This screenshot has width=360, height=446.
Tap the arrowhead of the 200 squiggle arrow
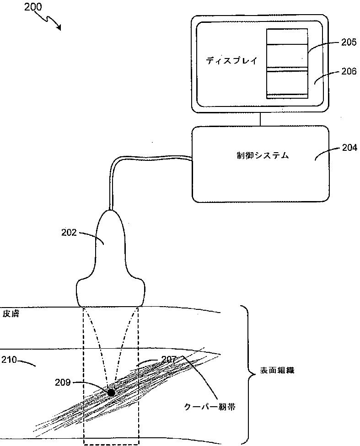point(59,28)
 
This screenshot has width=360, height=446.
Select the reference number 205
point(348,42)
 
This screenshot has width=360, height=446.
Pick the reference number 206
point(348,72)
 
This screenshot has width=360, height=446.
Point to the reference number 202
point(70,232)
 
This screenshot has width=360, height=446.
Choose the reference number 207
point(169,360)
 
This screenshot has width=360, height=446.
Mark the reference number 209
point(63,382)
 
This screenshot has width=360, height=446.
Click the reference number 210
point(9,360)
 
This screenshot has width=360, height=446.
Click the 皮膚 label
point(11,314)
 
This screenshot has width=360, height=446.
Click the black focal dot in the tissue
point(111,392)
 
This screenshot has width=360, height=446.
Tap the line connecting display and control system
point(260,119)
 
